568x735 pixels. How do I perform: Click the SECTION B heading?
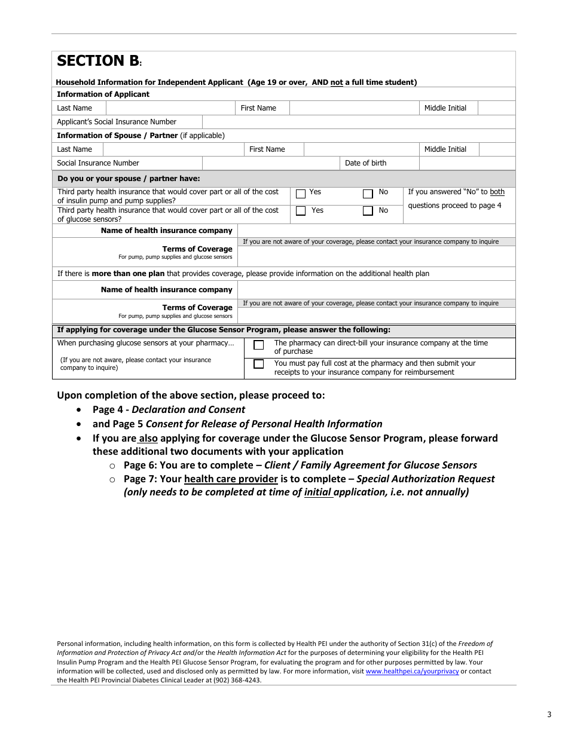99,61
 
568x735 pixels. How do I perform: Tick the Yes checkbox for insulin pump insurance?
301,194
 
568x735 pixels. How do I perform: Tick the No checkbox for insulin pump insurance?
368,194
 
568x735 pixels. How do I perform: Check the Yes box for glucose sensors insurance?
301,211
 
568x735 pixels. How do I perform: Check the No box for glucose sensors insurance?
368,211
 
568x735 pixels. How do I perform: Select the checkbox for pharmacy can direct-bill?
259,345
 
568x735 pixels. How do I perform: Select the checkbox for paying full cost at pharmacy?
259,364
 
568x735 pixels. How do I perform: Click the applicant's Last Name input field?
170,108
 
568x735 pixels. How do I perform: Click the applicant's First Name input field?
354,108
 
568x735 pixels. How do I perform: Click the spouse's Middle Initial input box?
497,149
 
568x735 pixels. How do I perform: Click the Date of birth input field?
467,163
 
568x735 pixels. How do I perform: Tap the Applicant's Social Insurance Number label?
117,122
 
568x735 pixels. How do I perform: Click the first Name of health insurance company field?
376,231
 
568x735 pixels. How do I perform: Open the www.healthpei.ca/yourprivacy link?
412,672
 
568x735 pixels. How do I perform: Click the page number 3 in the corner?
549,715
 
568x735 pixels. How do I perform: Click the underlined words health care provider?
231,479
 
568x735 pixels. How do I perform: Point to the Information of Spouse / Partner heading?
117,136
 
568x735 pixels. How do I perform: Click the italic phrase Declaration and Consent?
188,410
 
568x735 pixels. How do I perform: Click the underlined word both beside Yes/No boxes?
497,192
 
